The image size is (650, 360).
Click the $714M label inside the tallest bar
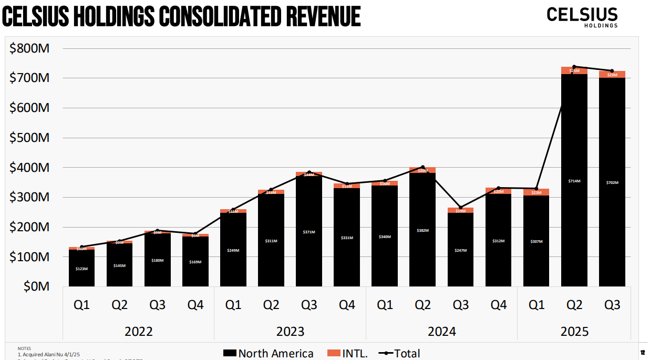574,181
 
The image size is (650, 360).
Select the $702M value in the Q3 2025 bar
612,182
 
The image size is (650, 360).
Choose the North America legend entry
268,354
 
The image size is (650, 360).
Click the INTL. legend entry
347,354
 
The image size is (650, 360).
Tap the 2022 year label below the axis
139,332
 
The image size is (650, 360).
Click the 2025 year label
574,332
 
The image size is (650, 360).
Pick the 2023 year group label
290,332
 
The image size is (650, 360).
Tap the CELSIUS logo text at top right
582,14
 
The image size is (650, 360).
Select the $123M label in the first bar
81,269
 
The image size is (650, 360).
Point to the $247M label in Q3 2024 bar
461,250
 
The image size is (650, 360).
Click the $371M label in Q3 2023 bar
309,232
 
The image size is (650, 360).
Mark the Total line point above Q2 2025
574,67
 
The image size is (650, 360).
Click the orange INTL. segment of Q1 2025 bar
536,192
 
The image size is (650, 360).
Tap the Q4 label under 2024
499,305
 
